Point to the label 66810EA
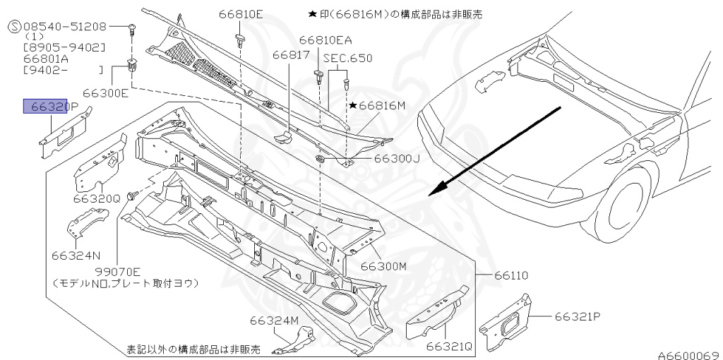coord(325,40)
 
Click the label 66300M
coord(384,266)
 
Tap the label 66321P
coord(577,317)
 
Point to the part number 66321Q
coord(449,346)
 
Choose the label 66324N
coord(75,254)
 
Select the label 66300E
coord(105,92)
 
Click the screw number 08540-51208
coord(64,26)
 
